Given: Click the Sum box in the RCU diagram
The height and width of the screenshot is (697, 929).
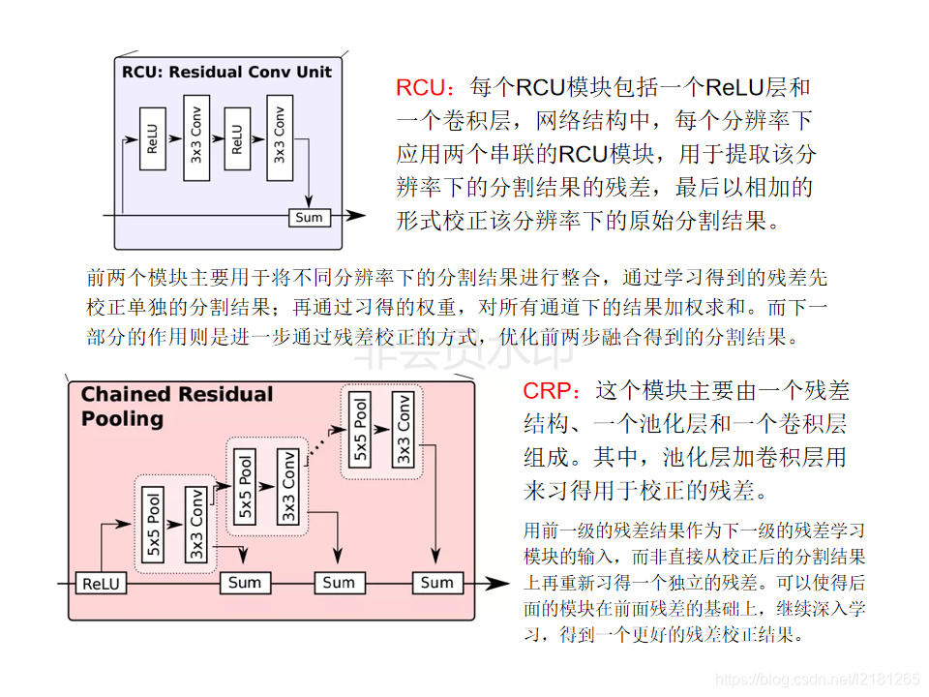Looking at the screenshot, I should pos(309,217).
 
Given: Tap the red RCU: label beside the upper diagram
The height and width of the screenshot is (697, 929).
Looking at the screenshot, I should pos(424,88).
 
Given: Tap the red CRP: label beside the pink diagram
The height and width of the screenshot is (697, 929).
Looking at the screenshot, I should pos(554,391).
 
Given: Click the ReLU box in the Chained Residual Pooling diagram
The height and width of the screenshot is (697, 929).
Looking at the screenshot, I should pos(100,583).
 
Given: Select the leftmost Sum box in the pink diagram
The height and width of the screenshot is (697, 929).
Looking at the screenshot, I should pos(245,583).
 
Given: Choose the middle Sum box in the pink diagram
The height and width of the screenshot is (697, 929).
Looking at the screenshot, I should pos(339,583).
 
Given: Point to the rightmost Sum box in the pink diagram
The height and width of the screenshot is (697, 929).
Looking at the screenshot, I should pos(436,583).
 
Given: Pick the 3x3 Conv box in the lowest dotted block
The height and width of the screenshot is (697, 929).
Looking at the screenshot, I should pos(196,524).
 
